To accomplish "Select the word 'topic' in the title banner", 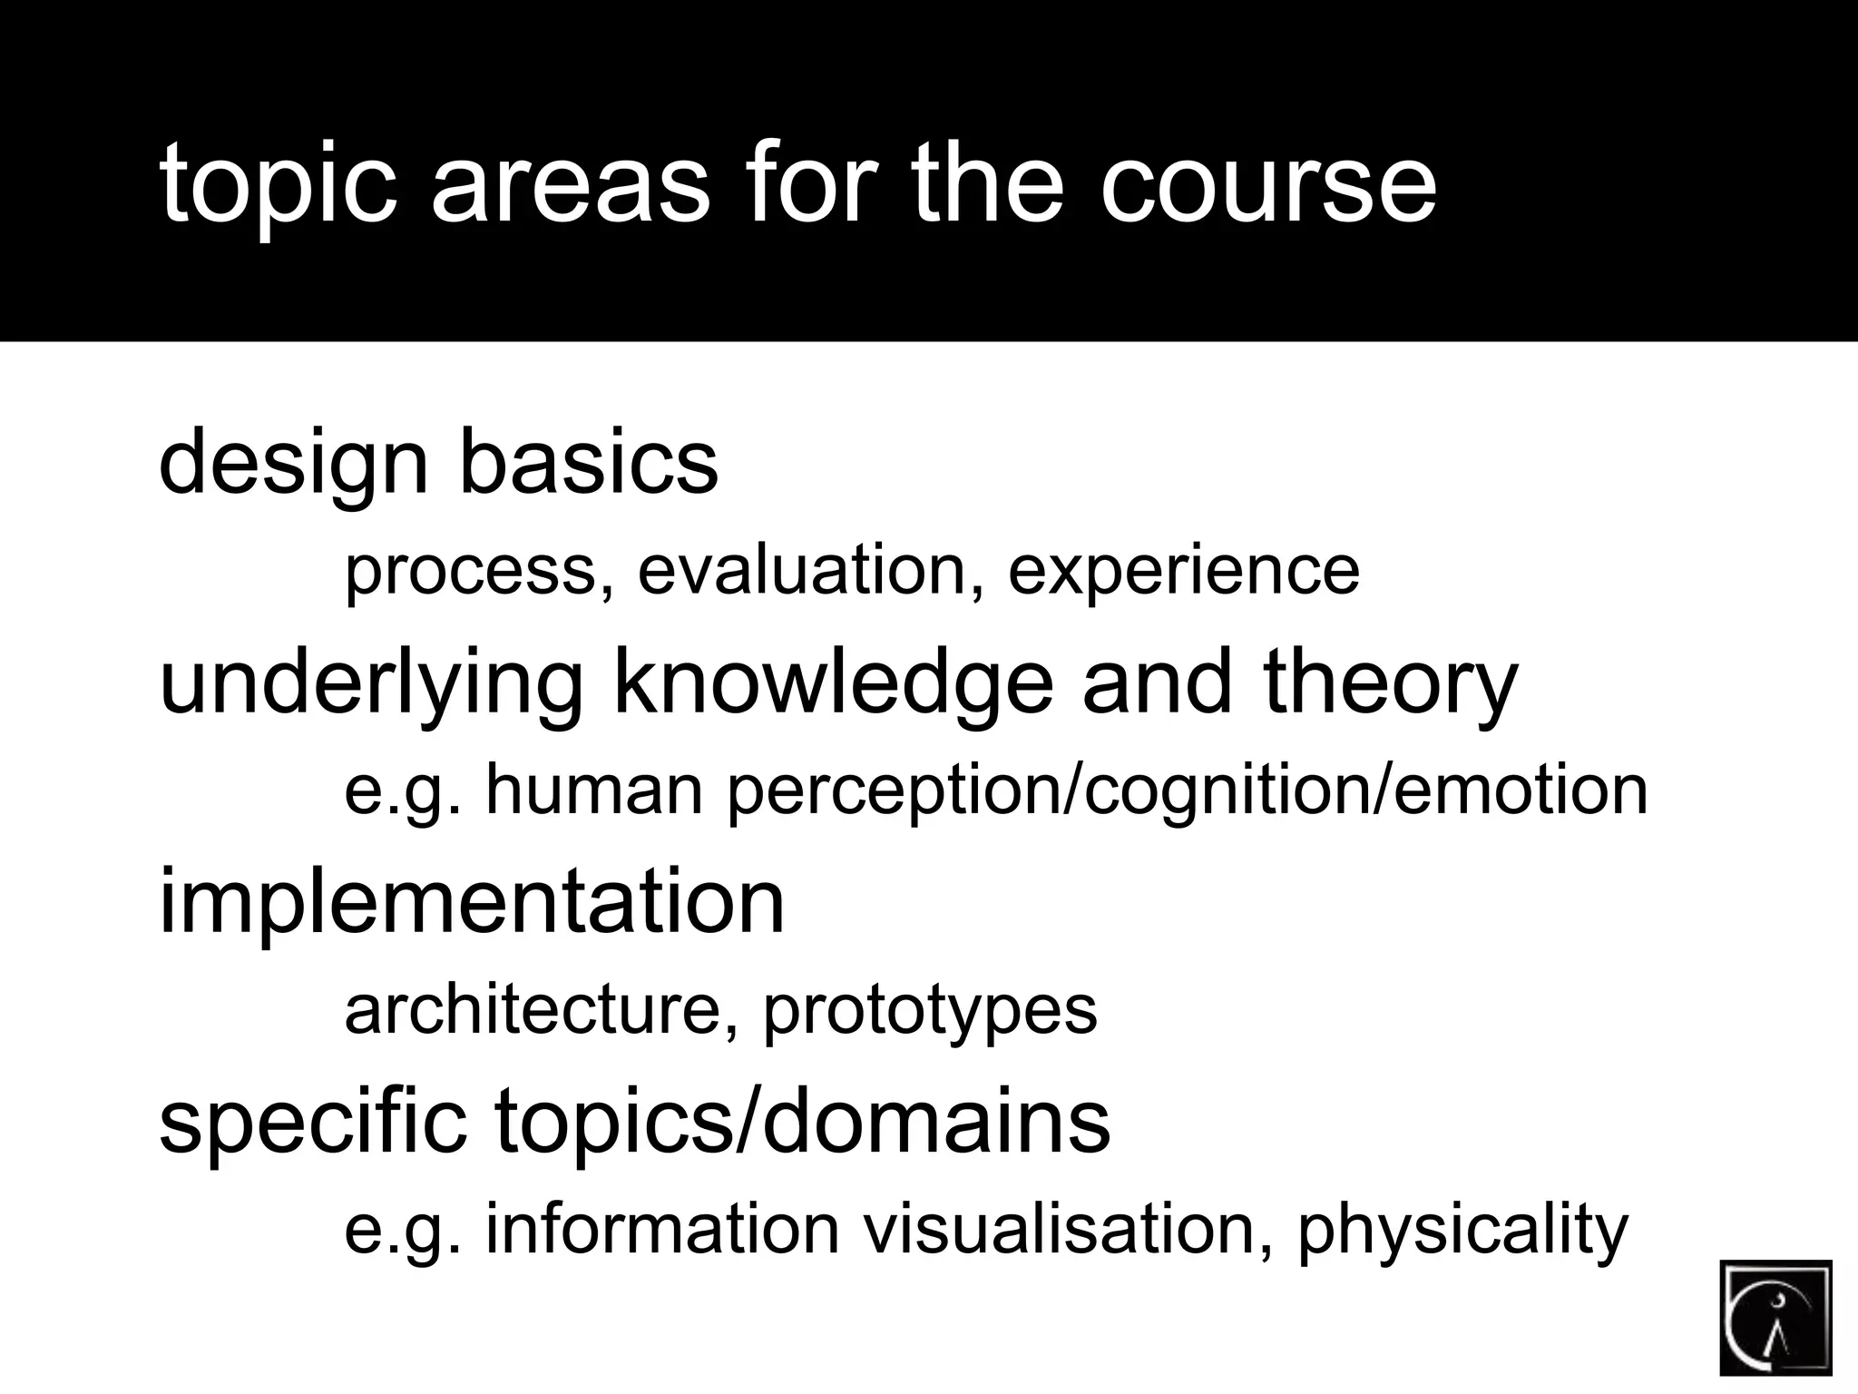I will coord(279,186).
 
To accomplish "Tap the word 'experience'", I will coord(1183,572).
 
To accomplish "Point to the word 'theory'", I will coord(1390,684).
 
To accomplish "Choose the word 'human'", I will coord(594,790).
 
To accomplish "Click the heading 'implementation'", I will coord(472,903).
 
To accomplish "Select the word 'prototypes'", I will coord(930,1011).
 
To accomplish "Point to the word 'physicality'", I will coord(1462,1231).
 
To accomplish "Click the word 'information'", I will coord(662,1229).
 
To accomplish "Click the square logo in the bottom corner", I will coord(1775,1317).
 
